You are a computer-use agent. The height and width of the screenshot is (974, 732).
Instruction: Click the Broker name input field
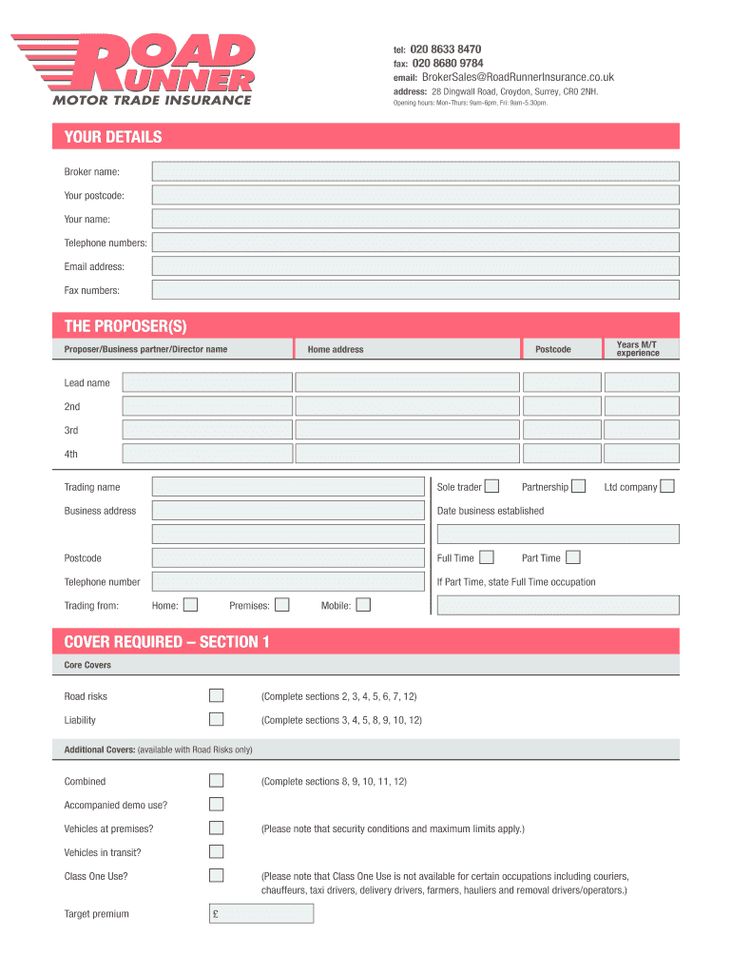pos(415,171)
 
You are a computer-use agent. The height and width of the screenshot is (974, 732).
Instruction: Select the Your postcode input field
pos(415,195)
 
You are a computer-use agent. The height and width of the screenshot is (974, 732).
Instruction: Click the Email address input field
pos(415,266)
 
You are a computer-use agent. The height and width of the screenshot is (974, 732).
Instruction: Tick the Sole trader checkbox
pos(491,487)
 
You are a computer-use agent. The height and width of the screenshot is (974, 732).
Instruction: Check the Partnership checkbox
pos(578,487)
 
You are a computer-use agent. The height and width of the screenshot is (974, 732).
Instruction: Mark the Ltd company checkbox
pos(667,487)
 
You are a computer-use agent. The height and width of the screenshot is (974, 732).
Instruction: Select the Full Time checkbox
pos(487,557)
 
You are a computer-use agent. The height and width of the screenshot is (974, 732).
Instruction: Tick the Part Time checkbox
pos(572,557)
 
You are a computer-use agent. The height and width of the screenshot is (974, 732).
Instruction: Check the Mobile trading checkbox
pos(363,605)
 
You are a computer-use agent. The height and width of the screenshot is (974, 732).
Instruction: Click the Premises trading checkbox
pos(281,605)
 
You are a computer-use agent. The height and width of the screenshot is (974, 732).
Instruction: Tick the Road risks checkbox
pos(217,696)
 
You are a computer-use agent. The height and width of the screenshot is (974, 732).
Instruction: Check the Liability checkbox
pos(217,720)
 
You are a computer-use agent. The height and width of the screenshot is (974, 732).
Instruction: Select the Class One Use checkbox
pos(217,875)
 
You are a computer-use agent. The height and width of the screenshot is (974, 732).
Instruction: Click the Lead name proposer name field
pos(207,382)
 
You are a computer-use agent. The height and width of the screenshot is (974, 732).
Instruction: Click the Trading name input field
pos(287,487)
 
